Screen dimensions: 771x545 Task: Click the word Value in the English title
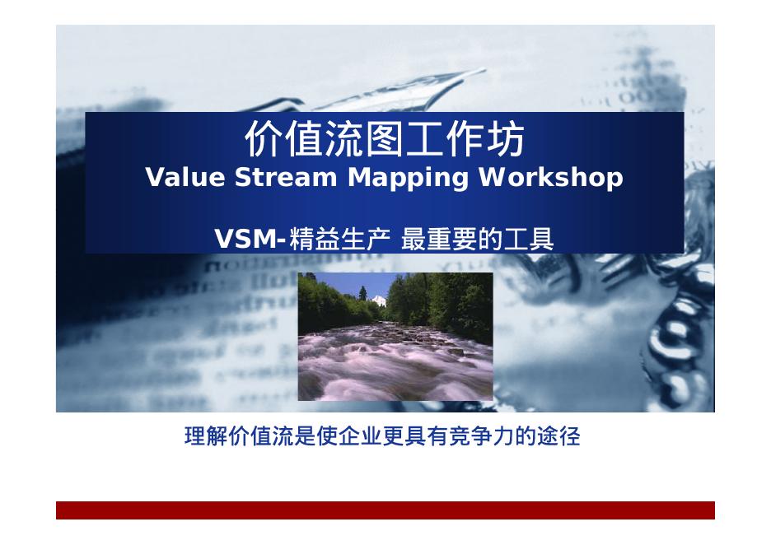[185, 177]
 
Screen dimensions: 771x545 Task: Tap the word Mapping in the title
[408, 179]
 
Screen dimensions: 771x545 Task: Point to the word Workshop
[551, 179]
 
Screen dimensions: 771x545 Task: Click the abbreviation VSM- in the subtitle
[250, 240]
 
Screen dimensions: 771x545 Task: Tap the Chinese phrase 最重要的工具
[478, 240]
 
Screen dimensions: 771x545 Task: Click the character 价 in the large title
[264, 139]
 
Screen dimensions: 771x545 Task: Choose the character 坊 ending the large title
[506, 139]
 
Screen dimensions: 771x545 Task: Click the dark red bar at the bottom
[385, 510]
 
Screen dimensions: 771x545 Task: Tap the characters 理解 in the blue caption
[207, 436]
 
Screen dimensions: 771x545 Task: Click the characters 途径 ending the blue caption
[558, 436]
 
